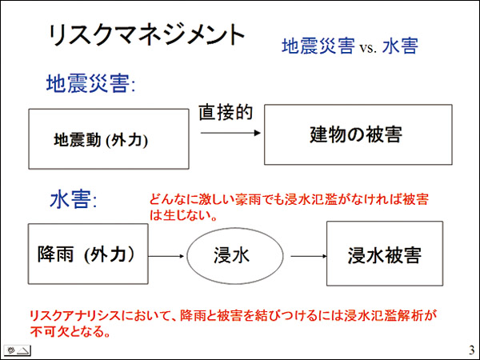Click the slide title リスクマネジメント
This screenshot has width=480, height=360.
146,35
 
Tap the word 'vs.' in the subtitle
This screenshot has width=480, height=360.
368,48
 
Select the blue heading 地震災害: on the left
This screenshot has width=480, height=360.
90,83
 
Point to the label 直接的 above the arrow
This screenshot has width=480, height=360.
226,112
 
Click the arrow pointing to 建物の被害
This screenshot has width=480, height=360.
230,133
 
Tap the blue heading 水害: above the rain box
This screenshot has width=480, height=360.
74,199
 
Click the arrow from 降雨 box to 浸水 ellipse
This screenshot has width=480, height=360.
166,256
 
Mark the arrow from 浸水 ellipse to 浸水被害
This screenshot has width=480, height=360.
309,256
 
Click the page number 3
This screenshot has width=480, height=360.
472,350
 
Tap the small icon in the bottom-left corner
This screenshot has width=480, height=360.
17,350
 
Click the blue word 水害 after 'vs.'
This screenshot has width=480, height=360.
400,46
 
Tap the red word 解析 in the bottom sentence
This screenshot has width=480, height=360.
410,315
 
